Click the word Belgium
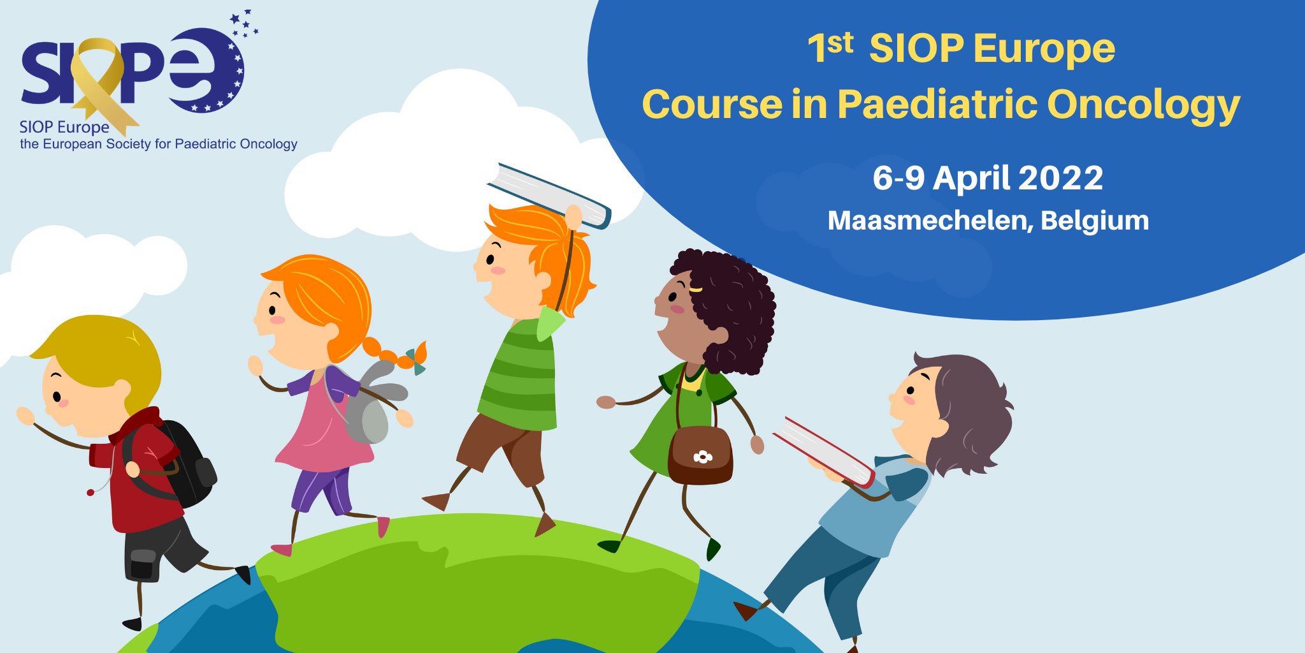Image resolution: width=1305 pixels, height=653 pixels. pyautogui.click(x=1095, y=221)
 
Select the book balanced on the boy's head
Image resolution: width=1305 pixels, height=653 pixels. pyautogui.click(x=549, y=195)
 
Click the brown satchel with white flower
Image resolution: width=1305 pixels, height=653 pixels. pyautogui.click(x=700, y=455)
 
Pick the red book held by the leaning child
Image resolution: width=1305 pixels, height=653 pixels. pyautogui.click(x=824, y=451)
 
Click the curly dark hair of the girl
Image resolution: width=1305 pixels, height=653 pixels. pyautogui.click(x=733, y=306)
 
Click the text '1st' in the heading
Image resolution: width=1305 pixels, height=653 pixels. pyautogui.click(x=830, y=47)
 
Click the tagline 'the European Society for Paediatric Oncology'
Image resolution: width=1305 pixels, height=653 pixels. pyautogui.click(x=159, y=144)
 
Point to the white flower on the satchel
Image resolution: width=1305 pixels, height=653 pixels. pyautogui.click(x=702, y=457)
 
